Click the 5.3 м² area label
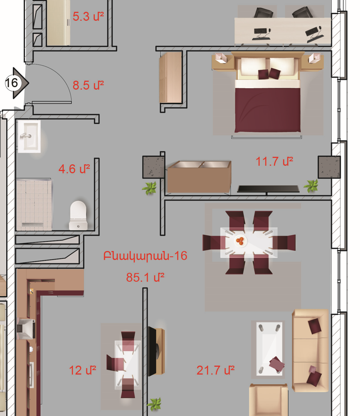point(88,17)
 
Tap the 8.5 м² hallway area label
point(88,85)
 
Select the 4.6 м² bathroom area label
point(74,169)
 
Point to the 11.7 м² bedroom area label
point(274,161)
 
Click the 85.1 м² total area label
point(145,277)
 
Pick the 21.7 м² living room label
point(215,370)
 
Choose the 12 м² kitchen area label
point(82,370)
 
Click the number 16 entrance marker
point(12,83)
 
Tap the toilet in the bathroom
point(78,215)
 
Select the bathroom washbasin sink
point(29,136)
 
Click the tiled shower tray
point(34,204)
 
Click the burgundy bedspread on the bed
point(268,109)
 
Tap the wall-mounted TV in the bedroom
point(268,189)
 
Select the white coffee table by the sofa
point(269,348)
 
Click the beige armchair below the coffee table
point(268,400)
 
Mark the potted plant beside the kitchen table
point(154,405)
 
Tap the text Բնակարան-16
point(145,256)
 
